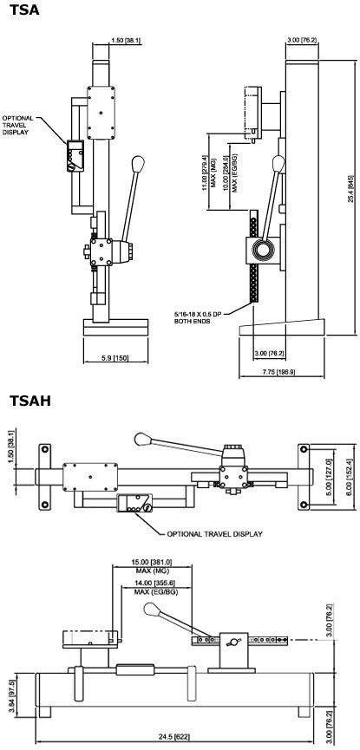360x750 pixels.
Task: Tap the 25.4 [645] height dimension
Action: (x=349, y=179)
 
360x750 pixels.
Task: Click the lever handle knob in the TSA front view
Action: (x=138, y=164)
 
